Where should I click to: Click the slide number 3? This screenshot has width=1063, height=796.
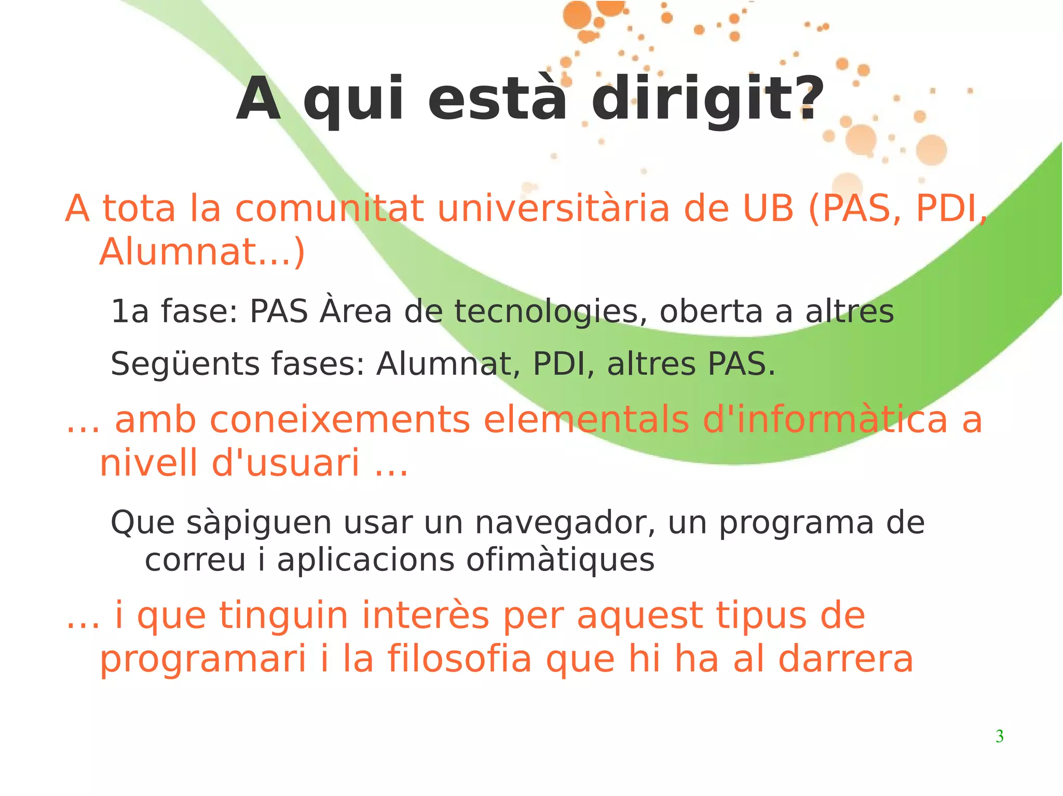coord(999,736)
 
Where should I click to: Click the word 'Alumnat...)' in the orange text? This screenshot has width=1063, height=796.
coord(202,252)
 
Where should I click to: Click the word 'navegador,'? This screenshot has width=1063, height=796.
coord(566,523)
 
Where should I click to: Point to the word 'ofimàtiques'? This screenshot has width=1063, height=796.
coord(560,560)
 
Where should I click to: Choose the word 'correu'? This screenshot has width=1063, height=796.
coord(195,560)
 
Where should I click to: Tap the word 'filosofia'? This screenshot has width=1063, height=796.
coord(459,659)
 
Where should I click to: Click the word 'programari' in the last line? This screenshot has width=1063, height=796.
coord(203,660)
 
